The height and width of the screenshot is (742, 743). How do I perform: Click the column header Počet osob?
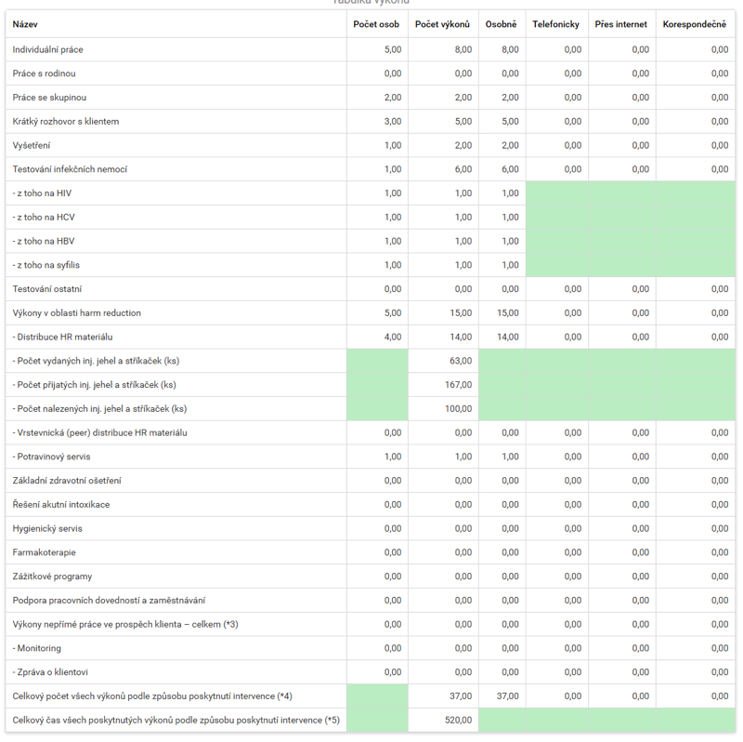pyautogui.click(x=376, y=24)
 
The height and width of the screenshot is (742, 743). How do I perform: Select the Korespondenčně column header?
pyautogui.click(x=694, y=24)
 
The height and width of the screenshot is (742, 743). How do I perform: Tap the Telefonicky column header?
pyautogui.click(x=555, y=24)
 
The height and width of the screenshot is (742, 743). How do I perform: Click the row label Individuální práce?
pyautogui.click(x=48, y=49)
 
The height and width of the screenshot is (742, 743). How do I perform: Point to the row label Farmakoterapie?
pyautogui.click(x=44, y=552)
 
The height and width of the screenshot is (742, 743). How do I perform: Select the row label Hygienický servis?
pyautogui.click(x=47, y=528)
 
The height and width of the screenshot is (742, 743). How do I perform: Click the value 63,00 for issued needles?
pyautogui.click(x=461, y=361)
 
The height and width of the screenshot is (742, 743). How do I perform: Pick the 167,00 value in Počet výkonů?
pyautogui.click(x=458, y=385)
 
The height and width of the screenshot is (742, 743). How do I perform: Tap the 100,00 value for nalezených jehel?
pyautogui.click(x=458, y=408)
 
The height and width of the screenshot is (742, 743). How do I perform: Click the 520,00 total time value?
pyautogui.click(x=458, y=720)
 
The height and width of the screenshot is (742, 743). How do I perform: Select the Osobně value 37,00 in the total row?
pyautogui.click(x=507, y=696)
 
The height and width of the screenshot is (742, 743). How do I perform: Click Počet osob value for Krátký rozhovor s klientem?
pyautogui.click(x=393, y=122)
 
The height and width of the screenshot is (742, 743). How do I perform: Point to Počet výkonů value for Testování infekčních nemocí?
pyautogui.click(x=463, y=169)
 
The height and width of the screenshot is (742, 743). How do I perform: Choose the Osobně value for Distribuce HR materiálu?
pyautogui.click(x=507, y=337)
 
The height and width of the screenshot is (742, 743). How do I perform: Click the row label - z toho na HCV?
pyautogui.click(x=44, y=218)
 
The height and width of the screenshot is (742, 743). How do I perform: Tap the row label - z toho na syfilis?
pyautogui.click(x=46, y=265)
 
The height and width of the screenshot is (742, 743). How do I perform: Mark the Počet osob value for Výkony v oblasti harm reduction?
pyautogui.click(x=393, y=313)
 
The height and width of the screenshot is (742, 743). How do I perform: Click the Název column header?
pyautogui.click(x=25, y=24)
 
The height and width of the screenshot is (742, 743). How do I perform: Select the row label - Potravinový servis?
pyautogui.click(x=51, y=457)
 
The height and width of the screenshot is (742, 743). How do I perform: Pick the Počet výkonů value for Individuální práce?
pyautogui.click(x=463, y=49)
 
